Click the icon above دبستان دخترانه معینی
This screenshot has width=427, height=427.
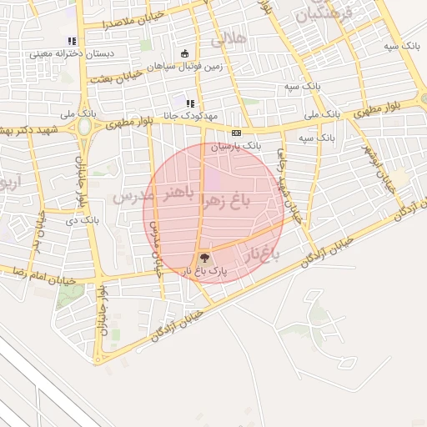point(73,40)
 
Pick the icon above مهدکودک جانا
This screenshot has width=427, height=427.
point(190,103)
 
